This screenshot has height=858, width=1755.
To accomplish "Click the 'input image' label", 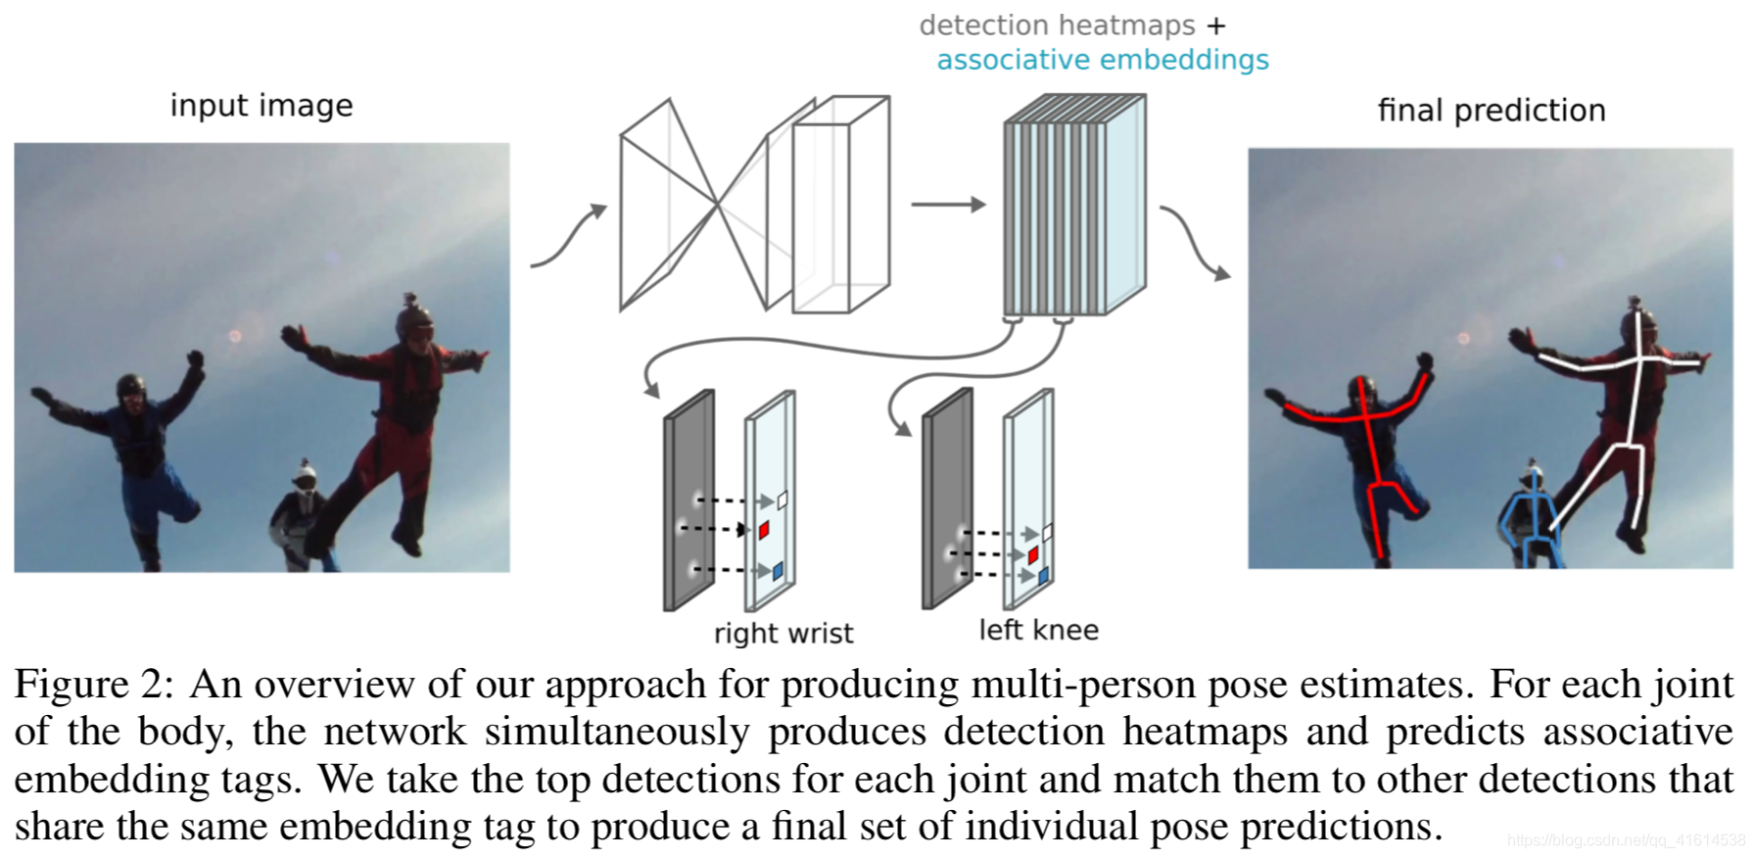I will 261,106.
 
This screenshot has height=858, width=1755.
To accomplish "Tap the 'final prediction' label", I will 1491,111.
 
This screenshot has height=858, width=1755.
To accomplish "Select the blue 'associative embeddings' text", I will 1102,61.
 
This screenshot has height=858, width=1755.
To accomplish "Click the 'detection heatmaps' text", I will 1057,25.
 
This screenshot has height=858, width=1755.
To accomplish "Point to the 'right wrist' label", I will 783,634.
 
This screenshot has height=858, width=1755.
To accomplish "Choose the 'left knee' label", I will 1038,631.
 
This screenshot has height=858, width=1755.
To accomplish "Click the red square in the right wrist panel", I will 764,530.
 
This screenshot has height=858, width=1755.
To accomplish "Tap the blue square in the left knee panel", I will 1043,576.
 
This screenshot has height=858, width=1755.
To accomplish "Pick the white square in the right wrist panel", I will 783,500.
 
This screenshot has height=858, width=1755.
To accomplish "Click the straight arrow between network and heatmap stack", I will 947,205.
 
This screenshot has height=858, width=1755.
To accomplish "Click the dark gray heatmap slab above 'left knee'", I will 947,500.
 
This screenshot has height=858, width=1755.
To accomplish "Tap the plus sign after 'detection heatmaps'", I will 1216,26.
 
